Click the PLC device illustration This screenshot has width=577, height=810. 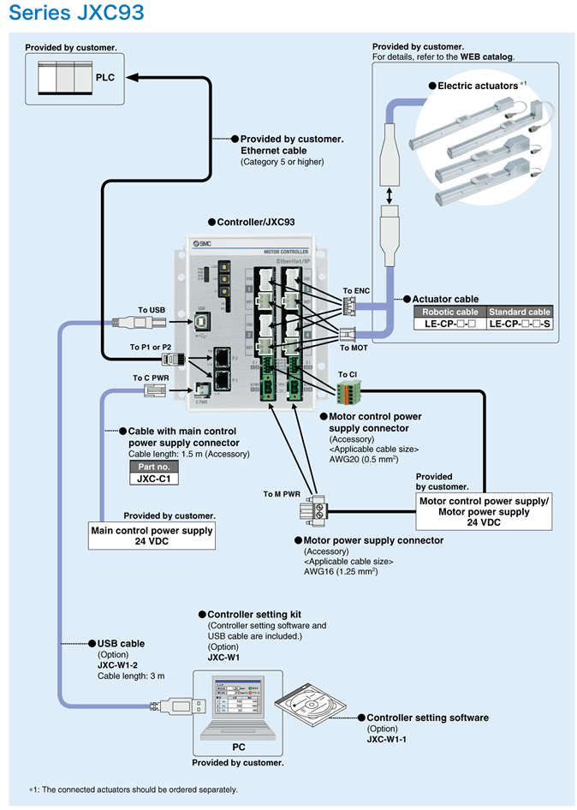tap(65, 78)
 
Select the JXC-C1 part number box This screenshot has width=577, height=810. tap(154, 479)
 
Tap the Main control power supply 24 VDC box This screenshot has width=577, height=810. tap(152, 536)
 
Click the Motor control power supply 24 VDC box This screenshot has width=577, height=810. tap(484, 511)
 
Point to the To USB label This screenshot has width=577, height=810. tap(152, 310)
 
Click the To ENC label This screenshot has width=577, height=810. tap(356, 291)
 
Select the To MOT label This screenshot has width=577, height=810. tap(354, 348)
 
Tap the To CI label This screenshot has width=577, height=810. tap(347, 374)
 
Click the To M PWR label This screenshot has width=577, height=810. tap(282, 493)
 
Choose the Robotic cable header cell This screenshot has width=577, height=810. tap(450, 312)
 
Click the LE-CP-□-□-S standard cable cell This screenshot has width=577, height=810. tap(520, 325)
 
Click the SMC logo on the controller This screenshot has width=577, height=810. tap(201, 245)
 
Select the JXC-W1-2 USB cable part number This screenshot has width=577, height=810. tap(118, 664)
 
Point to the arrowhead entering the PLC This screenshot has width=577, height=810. tap(132, 77)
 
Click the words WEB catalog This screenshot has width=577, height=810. tap(487, 57)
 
